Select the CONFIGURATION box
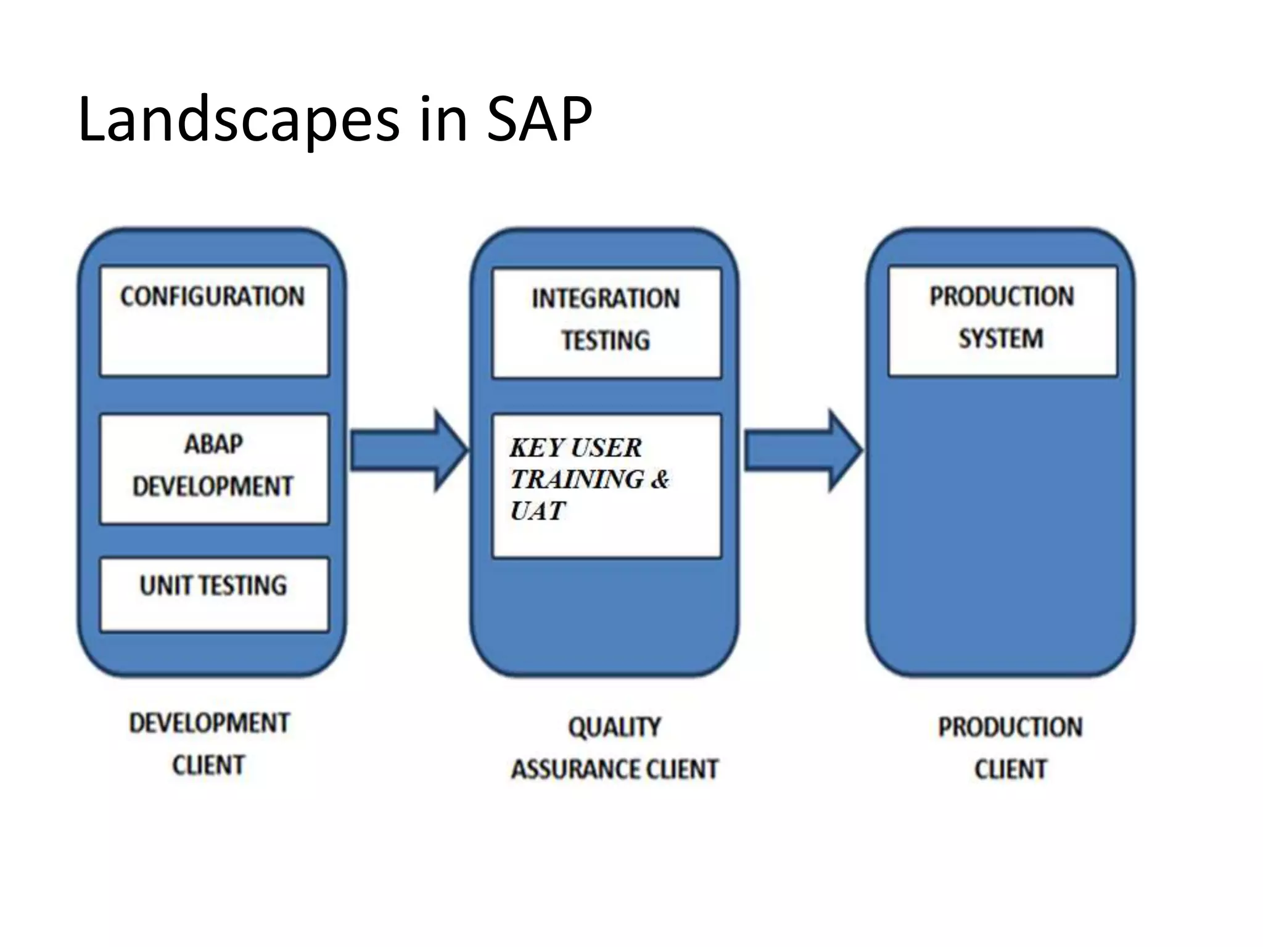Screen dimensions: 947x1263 click(x=214, y=321)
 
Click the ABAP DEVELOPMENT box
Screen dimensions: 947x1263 click(x=214, y=469)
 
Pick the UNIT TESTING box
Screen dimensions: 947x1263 click(x=214, y=594)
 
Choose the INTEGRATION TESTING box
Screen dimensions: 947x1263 click(x=606, y=323)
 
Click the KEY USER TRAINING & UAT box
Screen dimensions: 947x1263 click(x=606, y=486)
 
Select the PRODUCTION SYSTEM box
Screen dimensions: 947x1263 click(x=1002, y=321)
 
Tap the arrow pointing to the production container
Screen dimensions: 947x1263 click(x=802, y=451)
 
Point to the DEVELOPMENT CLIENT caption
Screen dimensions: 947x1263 click(x=209, y=744)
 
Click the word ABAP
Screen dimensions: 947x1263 click(x=214, y=445)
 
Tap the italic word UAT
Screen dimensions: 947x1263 click(x=537, y=511)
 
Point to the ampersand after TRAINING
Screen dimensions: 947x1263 click(x=659, y=479)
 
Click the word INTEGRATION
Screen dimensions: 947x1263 click(x=606, y=299)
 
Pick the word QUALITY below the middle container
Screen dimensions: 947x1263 click(x=614, y=728)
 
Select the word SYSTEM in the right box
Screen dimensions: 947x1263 click(x=1001, y=338)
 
